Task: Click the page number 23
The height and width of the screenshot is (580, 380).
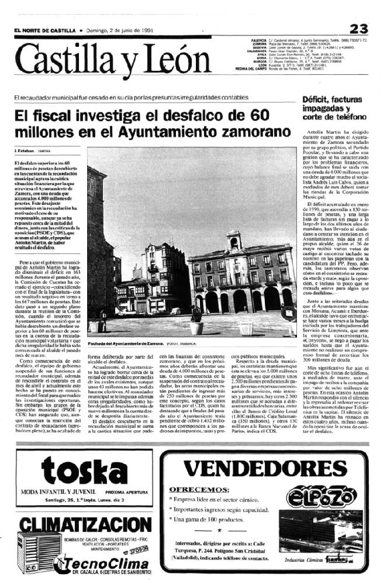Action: pyautogui.click(x=358, y=29)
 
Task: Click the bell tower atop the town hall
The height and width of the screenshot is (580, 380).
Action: pyautogui.click(x=234, y=239)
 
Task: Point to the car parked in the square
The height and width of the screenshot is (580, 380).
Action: pyautogui.click(x=175, y=311)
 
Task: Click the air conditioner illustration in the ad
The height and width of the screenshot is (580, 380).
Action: pyautogui.click(x=34, y=551)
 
